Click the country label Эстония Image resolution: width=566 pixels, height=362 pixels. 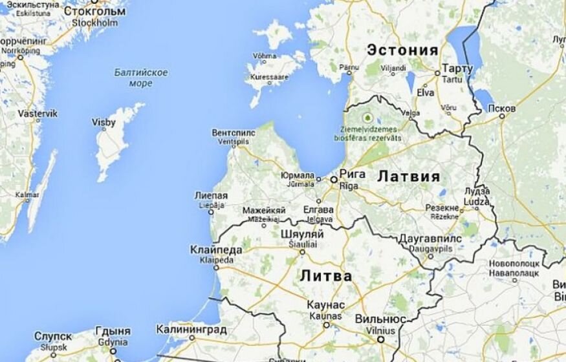(402, 50)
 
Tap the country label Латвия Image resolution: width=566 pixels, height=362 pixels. (408, 176)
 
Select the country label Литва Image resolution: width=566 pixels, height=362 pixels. (326, 277)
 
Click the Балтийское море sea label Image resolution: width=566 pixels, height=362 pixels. (141, 78)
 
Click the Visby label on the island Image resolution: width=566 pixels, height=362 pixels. (103, 122)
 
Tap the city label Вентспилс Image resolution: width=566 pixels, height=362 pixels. (234, 133)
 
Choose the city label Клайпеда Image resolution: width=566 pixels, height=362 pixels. (217, 250)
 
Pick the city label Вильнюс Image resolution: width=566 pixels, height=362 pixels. (380, 319)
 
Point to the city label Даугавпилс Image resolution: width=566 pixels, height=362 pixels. (430, 239)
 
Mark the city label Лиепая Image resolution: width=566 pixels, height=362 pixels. (211, 195)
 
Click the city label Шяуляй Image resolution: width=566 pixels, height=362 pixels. (302, 235)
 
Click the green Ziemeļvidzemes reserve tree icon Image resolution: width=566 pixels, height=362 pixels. (368, 118)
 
